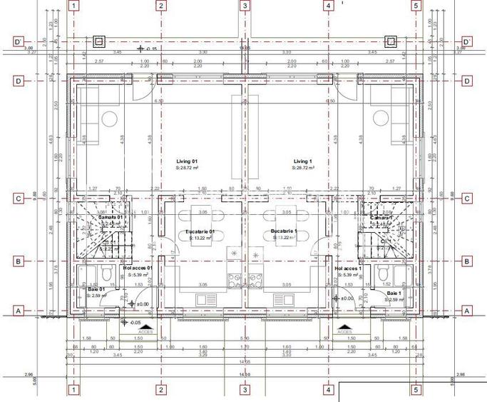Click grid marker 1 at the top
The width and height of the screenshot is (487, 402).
(x=73, y=6)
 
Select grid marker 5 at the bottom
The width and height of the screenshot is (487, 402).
(x=416, y=390)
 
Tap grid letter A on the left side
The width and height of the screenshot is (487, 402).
(x=19, y=311)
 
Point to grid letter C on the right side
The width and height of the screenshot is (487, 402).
(x=467, y=199)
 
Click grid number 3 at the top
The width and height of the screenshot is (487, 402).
(x=245, y=6)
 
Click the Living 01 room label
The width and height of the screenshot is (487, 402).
(x=187, y=162)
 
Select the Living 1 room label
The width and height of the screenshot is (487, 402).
(x=303, y=162)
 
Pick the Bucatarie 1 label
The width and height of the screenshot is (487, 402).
(x=284, y=232)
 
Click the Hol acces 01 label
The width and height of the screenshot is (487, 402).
(x=138, y=268)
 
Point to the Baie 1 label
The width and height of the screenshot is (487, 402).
(x=394, y=293)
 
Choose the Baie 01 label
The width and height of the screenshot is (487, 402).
(x=96, y=289)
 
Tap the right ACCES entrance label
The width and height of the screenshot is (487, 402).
(x=344, y=331)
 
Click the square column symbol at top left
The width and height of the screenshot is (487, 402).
(x=98, y=41)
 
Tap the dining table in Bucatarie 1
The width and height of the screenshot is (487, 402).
(x=284, y=223)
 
